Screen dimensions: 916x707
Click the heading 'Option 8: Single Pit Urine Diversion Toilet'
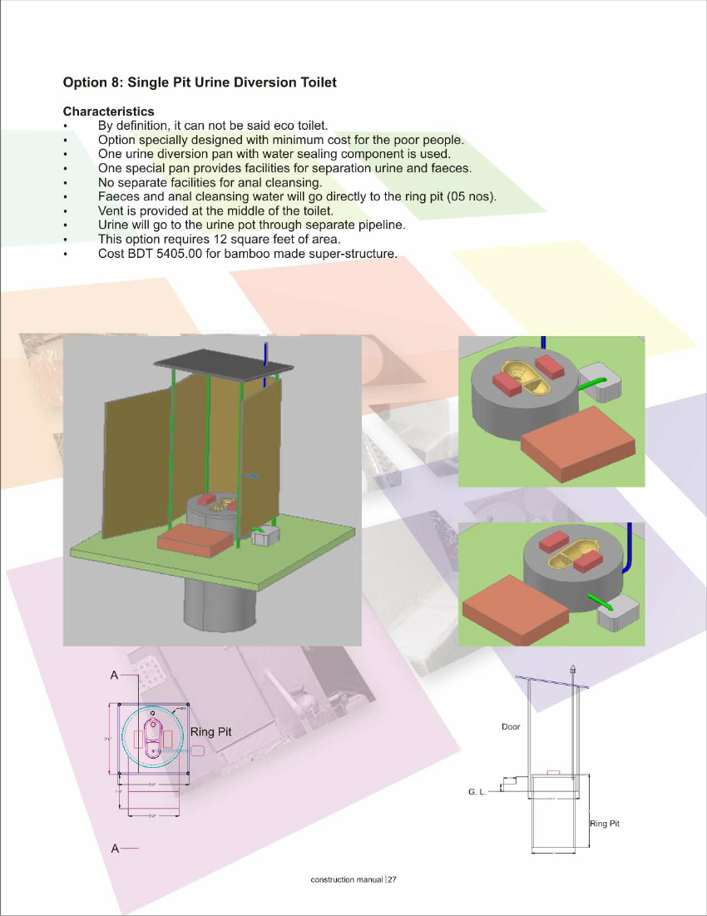[x=200, y=82]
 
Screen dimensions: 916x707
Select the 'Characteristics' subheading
[x=108, y=111]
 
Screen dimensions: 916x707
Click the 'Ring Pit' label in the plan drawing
[x=210, y=732]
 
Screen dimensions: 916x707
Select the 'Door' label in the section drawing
[x=511, y=727]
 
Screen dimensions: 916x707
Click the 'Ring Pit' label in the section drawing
[x=605, y=824]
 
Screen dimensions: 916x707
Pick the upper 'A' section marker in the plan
[x=114, y=676]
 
